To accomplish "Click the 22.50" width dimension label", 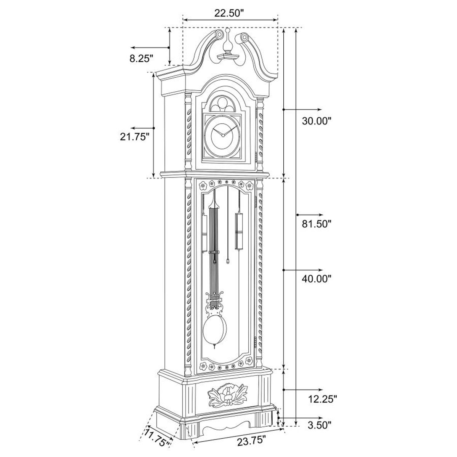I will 228,13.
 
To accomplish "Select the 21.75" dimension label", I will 134,137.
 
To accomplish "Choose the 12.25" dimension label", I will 323,399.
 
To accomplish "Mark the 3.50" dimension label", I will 319,425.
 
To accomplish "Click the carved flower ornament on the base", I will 227,396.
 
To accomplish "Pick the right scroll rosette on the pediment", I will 243,37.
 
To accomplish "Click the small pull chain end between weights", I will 228,261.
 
